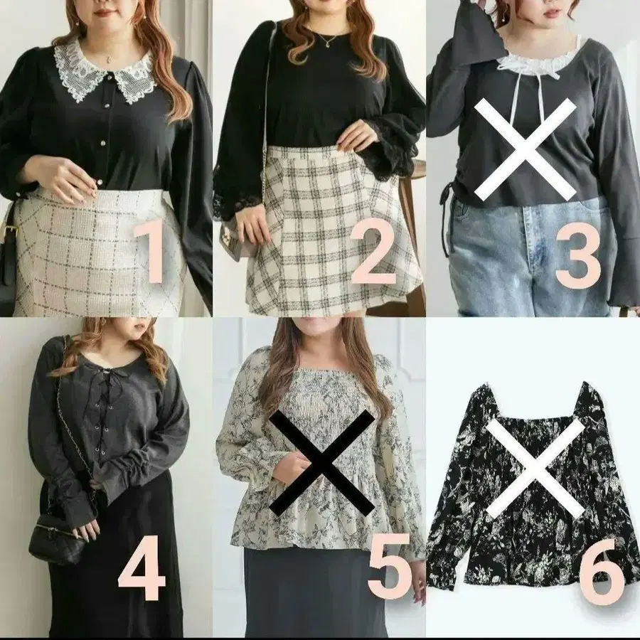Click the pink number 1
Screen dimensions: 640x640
point(150,252)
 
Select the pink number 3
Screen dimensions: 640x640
point(578,256)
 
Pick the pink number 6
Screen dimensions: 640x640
point(602,571)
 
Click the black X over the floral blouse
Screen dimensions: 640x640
point(322,462)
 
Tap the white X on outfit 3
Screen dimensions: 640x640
point(526,149)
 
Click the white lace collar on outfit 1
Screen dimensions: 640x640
point(106,73)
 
